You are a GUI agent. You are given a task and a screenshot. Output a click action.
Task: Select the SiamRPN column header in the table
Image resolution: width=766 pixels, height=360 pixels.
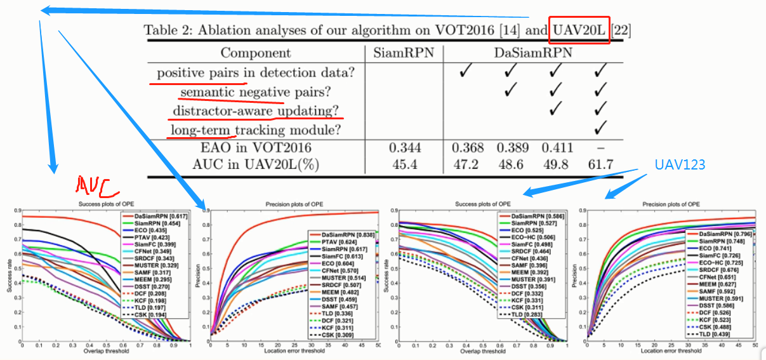(404, 53)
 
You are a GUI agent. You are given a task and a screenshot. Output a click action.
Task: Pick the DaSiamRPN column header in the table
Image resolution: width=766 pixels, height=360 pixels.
(533, 53)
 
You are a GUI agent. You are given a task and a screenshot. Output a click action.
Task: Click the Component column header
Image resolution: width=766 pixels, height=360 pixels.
(256, 53)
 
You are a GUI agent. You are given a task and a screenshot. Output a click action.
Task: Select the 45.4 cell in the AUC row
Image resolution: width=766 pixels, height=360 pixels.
(404, 165)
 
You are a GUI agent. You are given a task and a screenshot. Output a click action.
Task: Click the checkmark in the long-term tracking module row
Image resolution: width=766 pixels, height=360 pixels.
(598, 130)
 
